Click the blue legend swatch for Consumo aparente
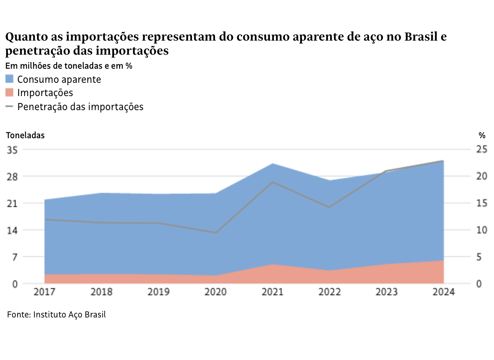click(x=9, y=79)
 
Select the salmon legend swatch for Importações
click(x=9, y=93)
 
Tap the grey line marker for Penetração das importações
click(x=9, y=106)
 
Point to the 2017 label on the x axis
click(x=44, y=292)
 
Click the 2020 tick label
click(x=215, y=292)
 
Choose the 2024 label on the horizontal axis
click(x=443, y=292)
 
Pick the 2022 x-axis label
click(x=329, y=292)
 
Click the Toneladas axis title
click(x=25, y=135)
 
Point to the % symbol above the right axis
click(x=482, y=135)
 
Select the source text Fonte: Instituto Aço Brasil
click(x=57, y=314)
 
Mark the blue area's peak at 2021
click(x=272, y=164)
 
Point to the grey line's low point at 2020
click(x=215, y=233)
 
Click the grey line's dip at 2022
click(x=329, y=207)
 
